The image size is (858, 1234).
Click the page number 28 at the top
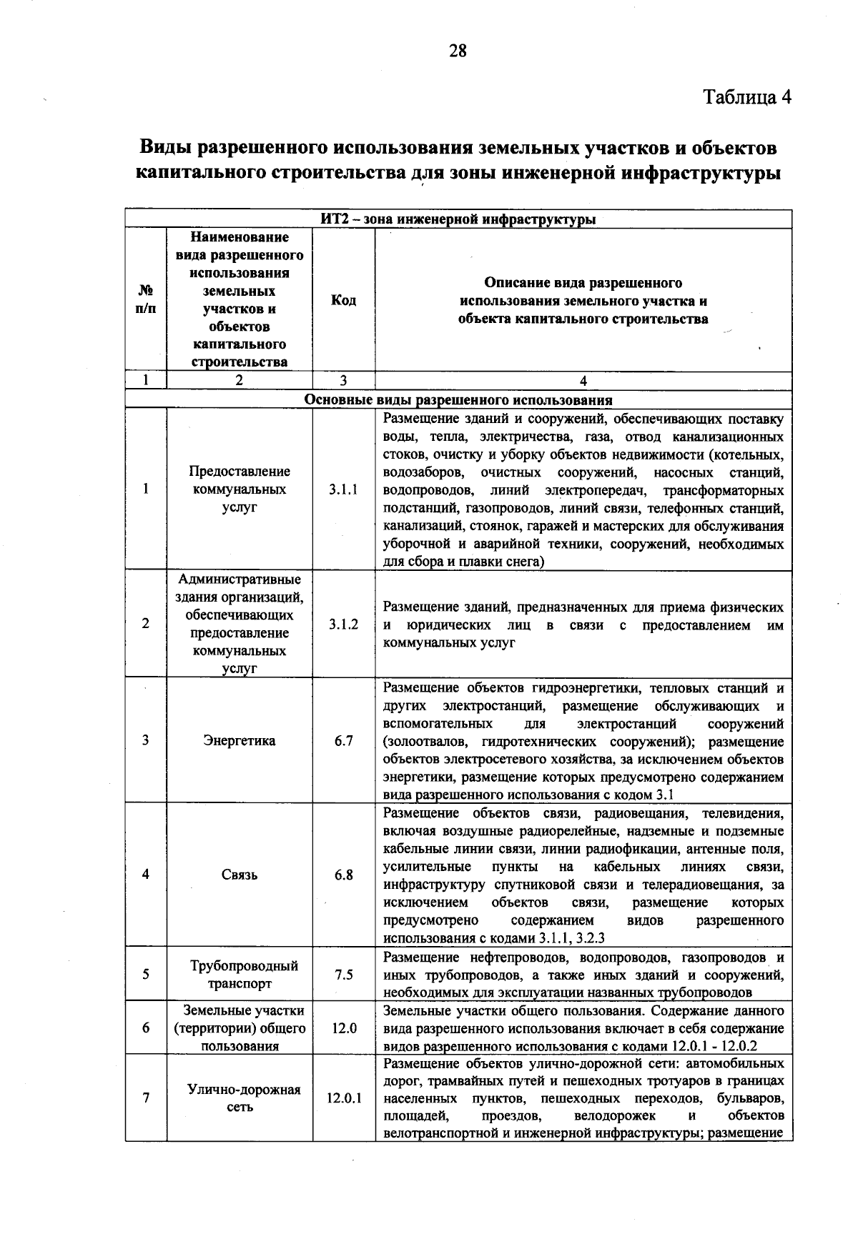[458, 51]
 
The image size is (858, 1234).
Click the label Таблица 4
[747, 97]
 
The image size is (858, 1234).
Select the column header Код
[343, 300]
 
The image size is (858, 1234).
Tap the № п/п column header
[145, 300]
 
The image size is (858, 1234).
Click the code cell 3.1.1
[343, 489]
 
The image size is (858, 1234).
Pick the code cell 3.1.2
[343, 624]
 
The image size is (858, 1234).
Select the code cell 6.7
[343, 741]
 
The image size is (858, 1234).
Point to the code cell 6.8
[343, 875]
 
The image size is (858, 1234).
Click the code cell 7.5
[343, 975]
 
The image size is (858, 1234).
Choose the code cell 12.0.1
[344, 1098]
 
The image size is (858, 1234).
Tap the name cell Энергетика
[239, 741]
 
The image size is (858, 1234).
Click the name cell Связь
[239, 875]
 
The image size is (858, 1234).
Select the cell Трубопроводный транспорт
[239, 975]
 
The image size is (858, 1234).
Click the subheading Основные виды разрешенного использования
[458, 400]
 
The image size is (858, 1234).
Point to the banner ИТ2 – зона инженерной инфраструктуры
[458, 219]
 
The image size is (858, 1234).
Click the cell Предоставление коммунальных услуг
[239, 489]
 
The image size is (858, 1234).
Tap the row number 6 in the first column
[145, 1028]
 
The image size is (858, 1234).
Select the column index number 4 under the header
[583, 381]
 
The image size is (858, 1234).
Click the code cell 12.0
[343, 1028]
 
